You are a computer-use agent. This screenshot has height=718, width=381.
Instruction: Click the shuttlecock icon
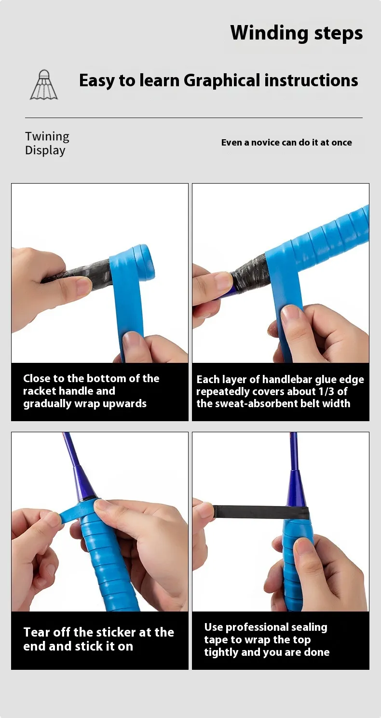point(44,85)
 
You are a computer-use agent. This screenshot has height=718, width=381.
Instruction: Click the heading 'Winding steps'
point(296,33)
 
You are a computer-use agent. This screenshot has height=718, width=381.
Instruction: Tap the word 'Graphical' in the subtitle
point(222,80)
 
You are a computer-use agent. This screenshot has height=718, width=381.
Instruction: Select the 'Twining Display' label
point(47,143)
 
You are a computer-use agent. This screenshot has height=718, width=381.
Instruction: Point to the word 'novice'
point(265,142)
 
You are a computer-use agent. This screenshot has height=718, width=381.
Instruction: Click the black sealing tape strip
point(260,512)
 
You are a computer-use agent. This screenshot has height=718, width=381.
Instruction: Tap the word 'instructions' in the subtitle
point(311,80)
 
